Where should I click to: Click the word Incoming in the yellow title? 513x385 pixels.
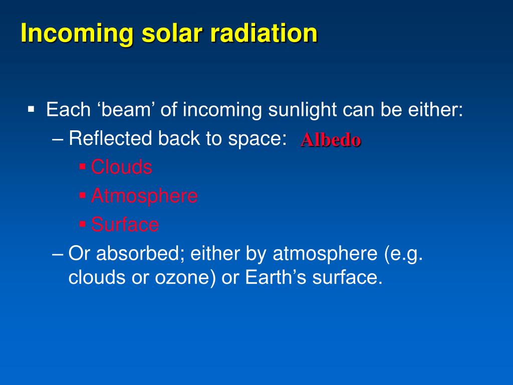point(77,34)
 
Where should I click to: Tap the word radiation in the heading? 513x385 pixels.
point(264,34)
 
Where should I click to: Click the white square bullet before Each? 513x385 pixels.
point(31,109)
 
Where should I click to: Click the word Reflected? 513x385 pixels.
point(110,138)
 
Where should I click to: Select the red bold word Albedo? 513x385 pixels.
point(331,140)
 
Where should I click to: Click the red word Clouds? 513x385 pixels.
point(121,167)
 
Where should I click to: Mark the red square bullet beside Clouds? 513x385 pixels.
point(83,167)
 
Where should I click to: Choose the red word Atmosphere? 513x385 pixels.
point(144,196)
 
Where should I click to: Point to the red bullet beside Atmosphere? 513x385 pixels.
point(83,196)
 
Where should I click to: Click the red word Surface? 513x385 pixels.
point(125,225)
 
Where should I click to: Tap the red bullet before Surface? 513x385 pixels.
point(83,225)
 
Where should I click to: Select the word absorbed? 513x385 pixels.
point(141,254)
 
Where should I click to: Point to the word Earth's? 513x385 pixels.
point(276,277)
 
